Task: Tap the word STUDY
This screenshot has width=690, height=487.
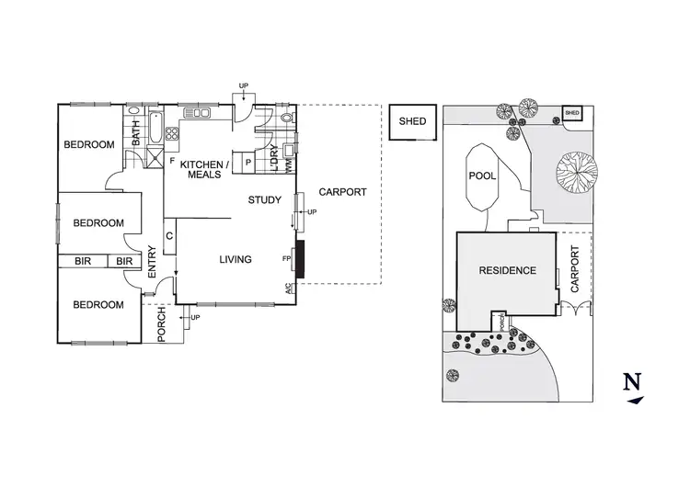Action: pyautogui.click(x=264, y=199)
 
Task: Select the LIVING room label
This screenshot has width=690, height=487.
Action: pyautogui.click(x=236, y=260)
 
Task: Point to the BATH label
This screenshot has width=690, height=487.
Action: pyautogui.click(x=136, y=134)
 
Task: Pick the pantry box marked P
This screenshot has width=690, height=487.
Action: pyautogui.click(x=248, y=164)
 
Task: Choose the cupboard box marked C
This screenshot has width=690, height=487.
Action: pyautogui.click(x=169, y=236)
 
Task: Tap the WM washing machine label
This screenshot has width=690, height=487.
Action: pyautogui.click(x=289, y=166)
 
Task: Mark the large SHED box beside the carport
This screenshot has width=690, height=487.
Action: pyautogui.click(x=412, y=121)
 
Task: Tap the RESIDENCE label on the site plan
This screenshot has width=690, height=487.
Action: pyautogui.click(x=507, y=270)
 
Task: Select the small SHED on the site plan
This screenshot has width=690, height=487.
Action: pyautogui.click(x=572, y=114)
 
